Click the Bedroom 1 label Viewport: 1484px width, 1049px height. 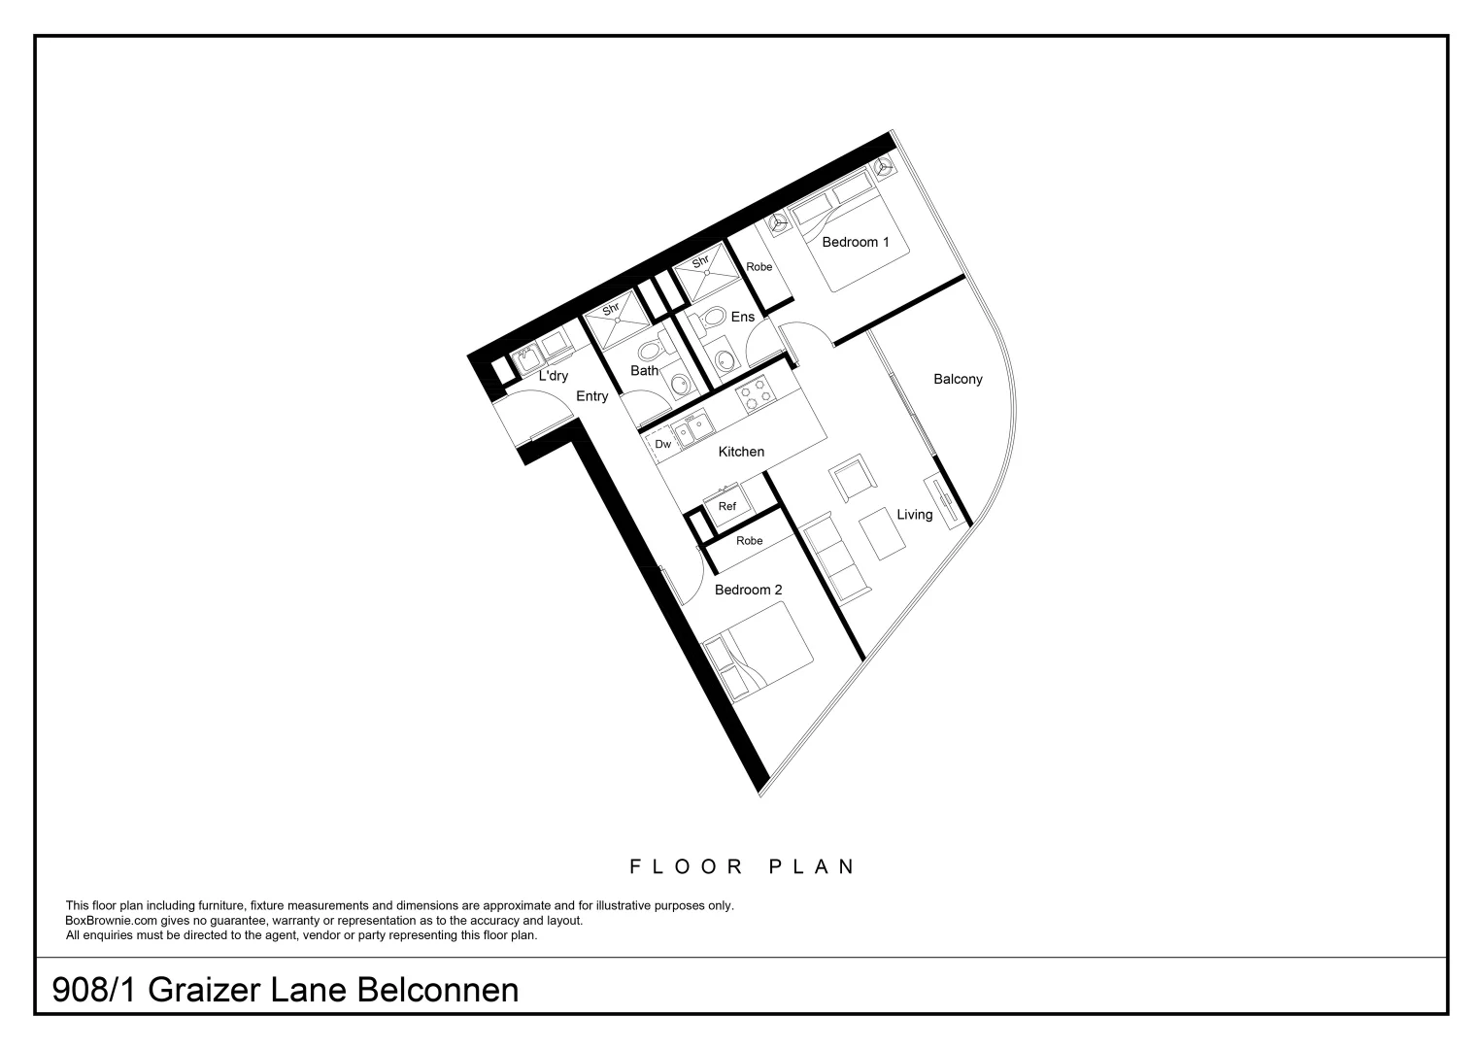[855, 242]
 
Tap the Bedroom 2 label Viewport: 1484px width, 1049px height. [748, 590]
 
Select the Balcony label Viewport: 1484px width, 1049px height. [958, 379]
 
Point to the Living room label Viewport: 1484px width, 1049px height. [914, 514]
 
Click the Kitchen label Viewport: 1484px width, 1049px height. [741, 452]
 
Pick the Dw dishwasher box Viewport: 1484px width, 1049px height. [662, 444]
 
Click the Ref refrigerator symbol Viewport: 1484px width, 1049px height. [727, 506]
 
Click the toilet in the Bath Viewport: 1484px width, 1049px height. [650, 350]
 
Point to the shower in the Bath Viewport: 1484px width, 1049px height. [616, 321]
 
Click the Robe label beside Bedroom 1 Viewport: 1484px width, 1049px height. [759, 267]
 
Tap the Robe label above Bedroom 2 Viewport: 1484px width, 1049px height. [749, 541]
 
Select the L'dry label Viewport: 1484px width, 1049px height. [553, 376]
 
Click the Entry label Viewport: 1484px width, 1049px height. [591, 396]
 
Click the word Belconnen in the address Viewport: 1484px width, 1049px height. [438, 990]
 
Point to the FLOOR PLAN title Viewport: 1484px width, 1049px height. [742, 866]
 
